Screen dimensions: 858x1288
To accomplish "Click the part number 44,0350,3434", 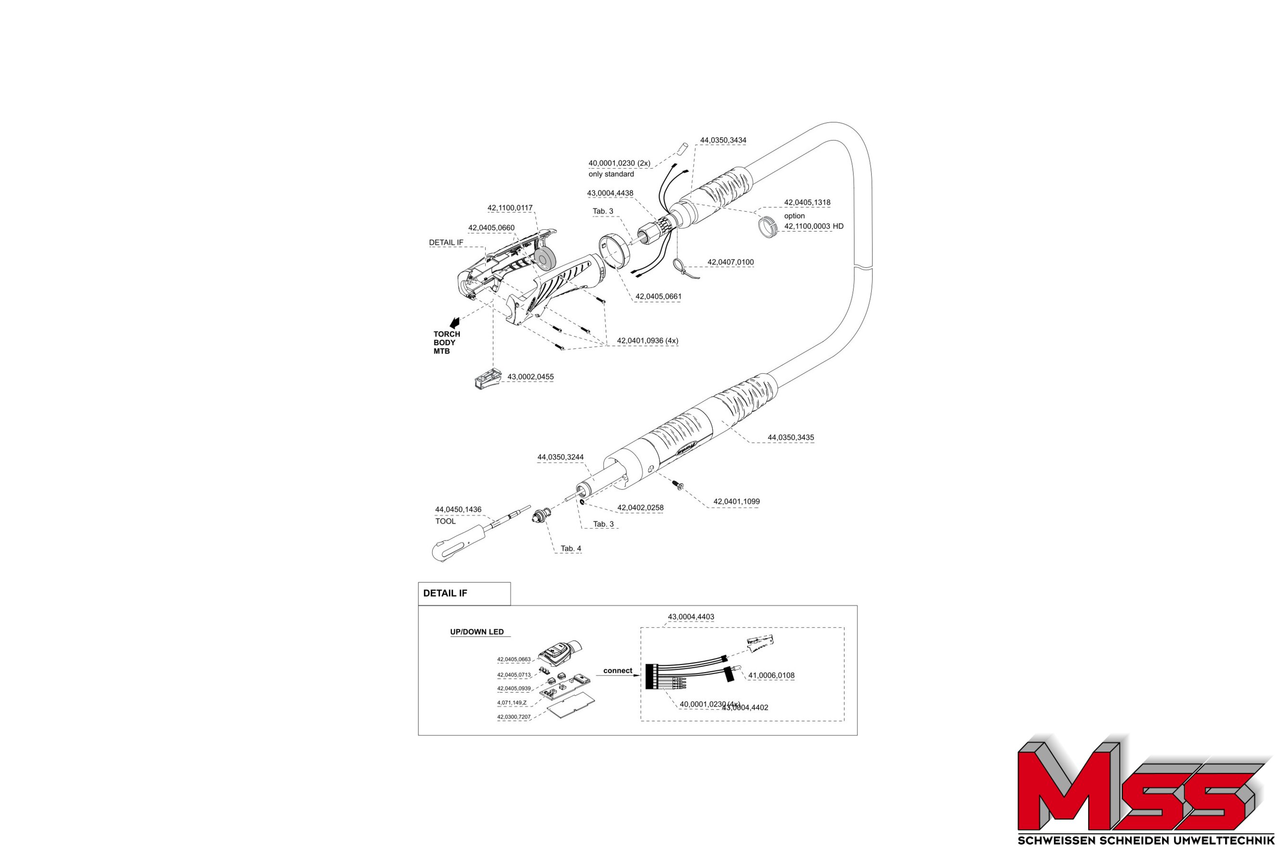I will [723, 141].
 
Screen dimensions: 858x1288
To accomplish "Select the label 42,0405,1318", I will [807, 203].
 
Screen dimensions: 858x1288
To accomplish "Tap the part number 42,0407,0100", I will [730, 262].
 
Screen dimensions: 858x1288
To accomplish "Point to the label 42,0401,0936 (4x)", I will [647, 340].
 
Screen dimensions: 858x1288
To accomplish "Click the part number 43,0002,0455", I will [530, 377].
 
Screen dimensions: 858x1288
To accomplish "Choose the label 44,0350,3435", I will [790, 438].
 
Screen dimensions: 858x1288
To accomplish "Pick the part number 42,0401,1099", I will [736, 501].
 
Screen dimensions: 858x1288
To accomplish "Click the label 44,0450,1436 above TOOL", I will [458, 510].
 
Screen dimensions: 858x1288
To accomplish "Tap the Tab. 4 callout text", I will [571, 548].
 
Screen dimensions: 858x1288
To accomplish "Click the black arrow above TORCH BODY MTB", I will [454, 323].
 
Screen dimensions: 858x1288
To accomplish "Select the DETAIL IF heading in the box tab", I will [445, 593].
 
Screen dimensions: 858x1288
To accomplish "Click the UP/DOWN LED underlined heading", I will [477, 632].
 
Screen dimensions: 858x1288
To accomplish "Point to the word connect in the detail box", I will [617, 670].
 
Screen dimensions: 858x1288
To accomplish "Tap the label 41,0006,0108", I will [771, 675].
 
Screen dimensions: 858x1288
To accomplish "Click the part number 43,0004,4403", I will [691, 617].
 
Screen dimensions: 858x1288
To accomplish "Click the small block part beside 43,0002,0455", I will [488, 378].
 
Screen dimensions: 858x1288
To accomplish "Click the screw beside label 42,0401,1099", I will [680, 485].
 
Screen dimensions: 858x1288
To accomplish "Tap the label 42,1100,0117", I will [509, 208].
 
